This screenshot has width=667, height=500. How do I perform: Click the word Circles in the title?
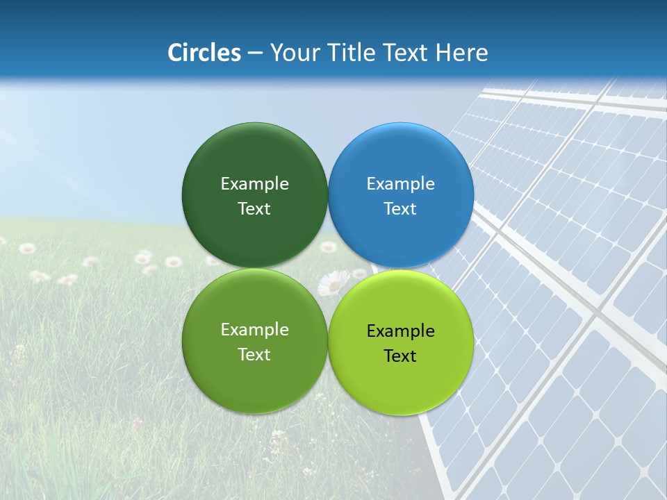(204, 53)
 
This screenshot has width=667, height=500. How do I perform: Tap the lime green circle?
(401, 382)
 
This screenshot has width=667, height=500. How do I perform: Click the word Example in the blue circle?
(401, 184)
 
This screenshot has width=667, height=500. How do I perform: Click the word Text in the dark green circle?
(254, 209)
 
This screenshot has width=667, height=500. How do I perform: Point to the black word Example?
(401, 331)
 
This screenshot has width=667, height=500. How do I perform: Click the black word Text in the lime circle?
(400, 356)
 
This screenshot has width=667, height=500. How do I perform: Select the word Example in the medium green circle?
(254, 330)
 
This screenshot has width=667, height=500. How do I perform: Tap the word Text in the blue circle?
(400, 209)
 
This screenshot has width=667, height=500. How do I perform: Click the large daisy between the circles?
(334, 283)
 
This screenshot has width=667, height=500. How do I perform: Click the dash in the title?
(256, 53)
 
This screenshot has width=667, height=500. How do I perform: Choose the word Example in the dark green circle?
(254, 184)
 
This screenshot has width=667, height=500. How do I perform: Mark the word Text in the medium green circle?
(254, 355)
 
